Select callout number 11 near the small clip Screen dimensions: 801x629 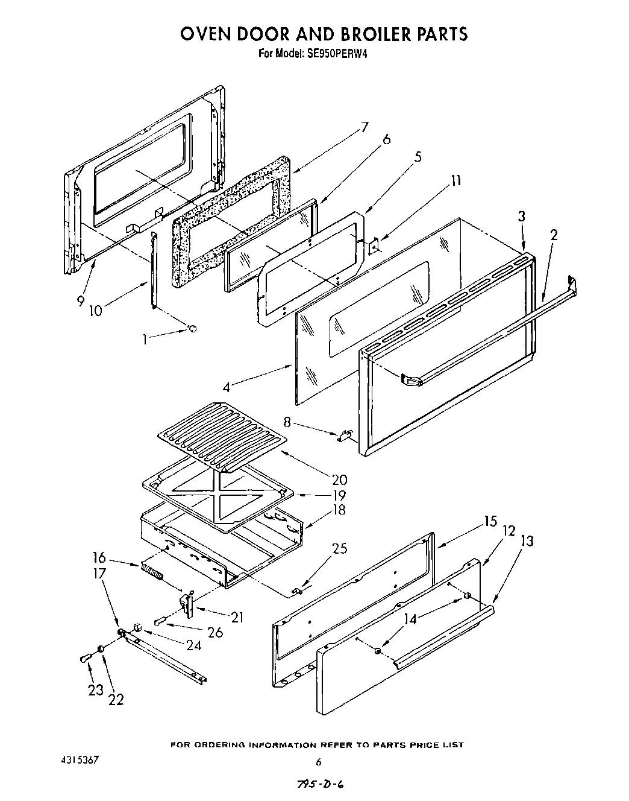[x=457, y=180]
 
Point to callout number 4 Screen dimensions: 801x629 [x=226, y=387]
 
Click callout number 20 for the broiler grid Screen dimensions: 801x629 [x=339, y=480]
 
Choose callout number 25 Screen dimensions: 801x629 [x=339, y=548]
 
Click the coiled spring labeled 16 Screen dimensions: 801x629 [x=152, y=570]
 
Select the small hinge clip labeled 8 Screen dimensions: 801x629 [x=345, y=435]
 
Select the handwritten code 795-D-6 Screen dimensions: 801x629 [x=321, y=784]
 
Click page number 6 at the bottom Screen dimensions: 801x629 [x=319, y=761]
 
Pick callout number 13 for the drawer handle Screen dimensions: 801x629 [x=526, y=541]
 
